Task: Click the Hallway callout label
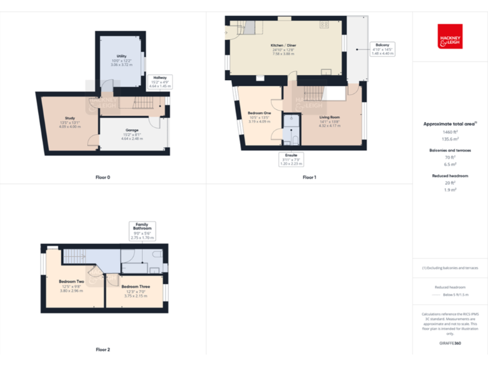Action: (159, 80)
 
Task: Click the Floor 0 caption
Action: (102, 177)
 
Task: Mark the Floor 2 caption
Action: (102, 349)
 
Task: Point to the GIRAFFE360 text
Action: (450, 344)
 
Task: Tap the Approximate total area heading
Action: (450, 123)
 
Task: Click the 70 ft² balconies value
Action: (450, 156)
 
